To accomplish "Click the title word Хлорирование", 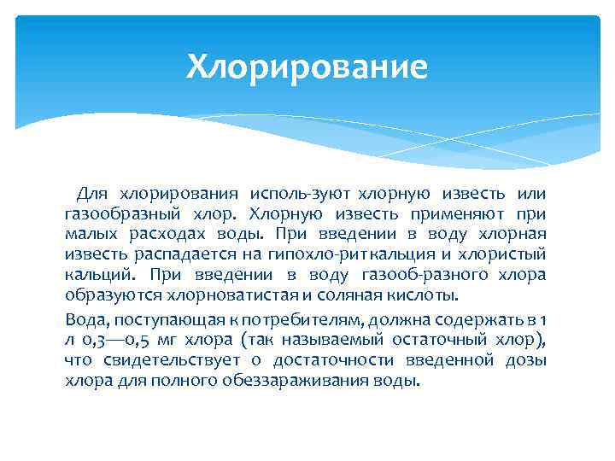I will [307, 66].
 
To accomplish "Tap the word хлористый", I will [506, 255].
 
